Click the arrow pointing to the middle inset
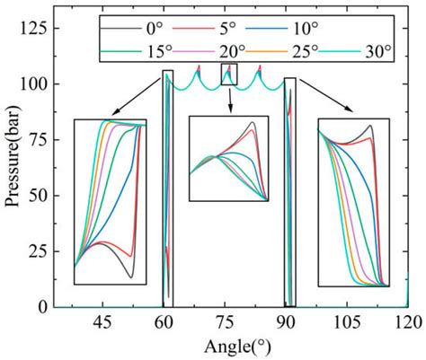coord(229,101)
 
